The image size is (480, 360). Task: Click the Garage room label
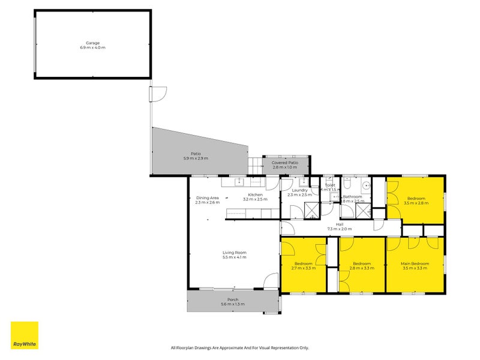92,45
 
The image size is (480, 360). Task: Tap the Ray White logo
24,335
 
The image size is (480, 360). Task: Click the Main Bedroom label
415,266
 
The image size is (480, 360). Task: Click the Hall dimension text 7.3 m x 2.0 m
340,229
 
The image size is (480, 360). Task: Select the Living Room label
234,255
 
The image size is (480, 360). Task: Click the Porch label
233,302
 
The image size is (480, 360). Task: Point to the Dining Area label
207,200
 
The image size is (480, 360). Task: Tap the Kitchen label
256,197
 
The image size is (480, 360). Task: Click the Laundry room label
299,192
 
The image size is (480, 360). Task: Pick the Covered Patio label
285,164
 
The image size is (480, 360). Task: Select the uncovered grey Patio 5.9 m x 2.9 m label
196,155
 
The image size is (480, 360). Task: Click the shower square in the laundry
311,210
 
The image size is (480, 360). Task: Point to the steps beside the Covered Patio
255,164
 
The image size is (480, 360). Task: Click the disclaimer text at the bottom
240,347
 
